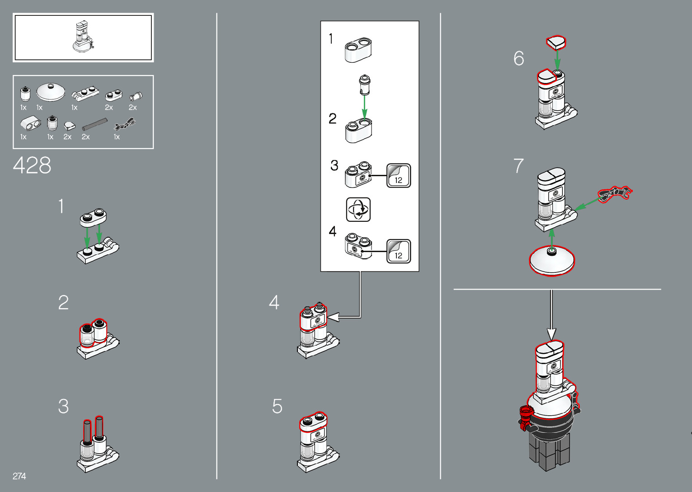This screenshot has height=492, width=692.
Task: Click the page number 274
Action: [19, 476]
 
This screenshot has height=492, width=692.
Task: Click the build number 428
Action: [32, 165]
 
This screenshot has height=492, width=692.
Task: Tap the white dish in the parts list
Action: [51, 92]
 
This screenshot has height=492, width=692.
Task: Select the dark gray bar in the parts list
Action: [94, 124]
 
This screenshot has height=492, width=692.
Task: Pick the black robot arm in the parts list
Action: [125, 124]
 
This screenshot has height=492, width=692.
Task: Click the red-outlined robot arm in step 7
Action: [615, 194]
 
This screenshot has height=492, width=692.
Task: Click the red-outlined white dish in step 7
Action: [552, 260]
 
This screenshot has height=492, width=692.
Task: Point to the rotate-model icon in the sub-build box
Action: [358, 209]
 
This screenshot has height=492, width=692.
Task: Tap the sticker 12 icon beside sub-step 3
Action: [399, 175]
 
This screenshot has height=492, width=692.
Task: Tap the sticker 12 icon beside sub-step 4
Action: [399, 251]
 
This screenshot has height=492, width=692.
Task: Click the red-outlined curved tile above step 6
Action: [556, 42]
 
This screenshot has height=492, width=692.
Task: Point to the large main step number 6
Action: [519, 58]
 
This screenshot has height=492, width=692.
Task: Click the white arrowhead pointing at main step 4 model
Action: [333, 317]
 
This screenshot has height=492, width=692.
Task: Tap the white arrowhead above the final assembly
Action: [551, 334]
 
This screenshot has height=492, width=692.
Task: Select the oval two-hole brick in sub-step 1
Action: [358, 50]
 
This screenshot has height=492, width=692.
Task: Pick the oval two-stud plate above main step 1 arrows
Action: [93, 217]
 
